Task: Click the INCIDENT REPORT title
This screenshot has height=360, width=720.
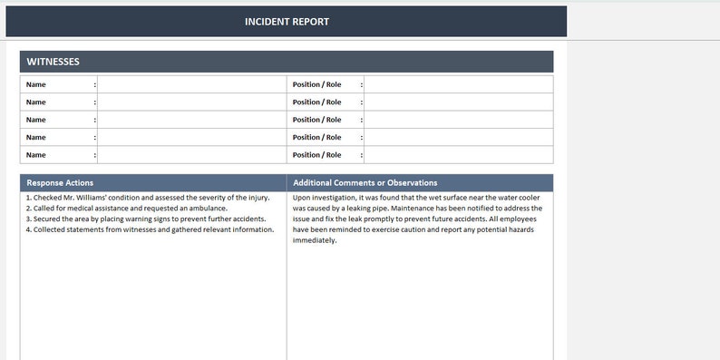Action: click(287, 22)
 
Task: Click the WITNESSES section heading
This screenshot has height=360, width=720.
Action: click(53, 62)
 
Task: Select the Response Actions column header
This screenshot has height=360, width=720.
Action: click(60, 182)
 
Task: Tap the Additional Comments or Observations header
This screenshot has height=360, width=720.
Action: click(365, 182)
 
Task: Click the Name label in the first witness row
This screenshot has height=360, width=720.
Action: click(36, 84)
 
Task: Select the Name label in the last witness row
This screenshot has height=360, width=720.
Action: click(36, 155)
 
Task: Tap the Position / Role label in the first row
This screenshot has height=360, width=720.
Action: click(316, 84)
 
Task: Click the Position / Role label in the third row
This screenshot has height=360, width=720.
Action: click(316, 120)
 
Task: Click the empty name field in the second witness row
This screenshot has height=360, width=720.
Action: click(190, 102)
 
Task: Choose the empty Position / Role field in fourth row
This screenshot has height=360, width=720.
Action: click(458, 138)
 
